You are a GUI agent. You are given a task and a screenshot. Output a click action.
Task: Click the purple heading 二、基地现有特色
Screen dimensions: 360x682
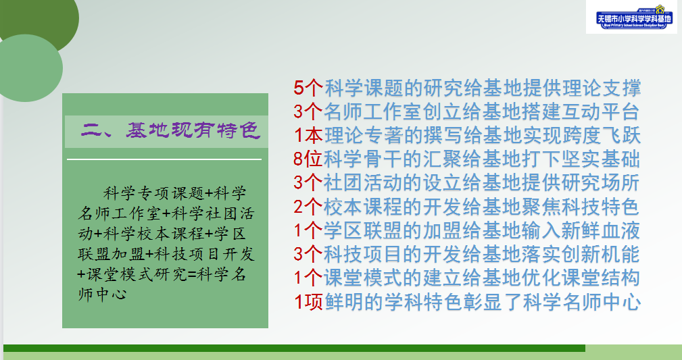click(170, 130)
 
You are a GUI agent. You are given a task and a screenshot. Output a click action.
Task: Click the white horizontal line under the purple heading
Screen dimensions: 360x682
click(164, 159)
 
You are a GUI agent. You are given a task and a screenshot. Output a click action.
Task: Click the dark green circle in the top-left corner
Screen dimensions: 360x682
click(41, 17)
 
